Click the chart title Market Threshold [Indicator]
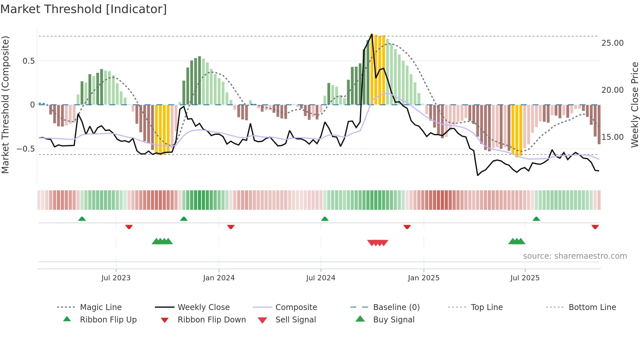[x=84, y=9]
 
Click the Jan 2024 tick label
[x=219, y=278]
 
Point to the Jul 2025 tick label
[x=525, y=278]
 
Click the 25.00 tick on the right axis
[x=612, y=43]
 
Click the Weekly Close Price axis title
[x=634, y=105]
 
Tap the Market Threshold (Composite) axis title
[x=5, y=105]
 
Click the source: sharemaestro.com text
[x=575, y=256]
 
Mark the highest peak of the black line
[x=372, y=34]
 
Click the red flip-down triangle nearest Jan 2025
[x=407, y=227]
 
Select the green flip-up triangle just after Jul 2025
[x=536, y=219]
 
